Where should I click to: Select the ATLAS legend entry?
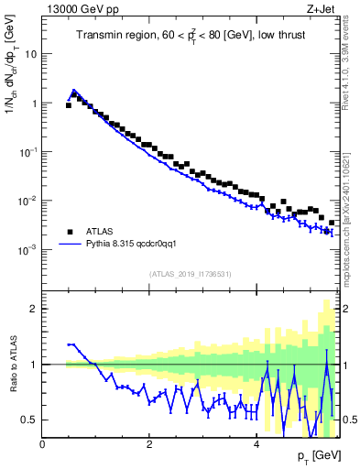coord(99,232)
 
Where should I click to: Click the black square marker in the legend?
coord(70,232)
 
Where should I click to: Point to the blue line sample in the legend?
coord(70,245)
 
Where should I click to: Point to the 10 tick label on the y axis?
coord(30,54)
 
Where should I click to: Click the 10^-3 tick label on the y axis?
coord(27,250)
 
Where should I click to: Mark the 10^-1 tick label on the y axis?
coord(27,152)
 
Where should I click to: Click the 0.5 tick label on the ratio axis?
coord(28,420)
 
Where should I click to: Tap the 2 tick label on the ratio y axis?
coord(34,309)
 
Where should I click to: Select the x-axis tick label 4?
coord(256,444)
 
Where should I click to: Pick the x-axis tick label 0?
coord(42,444)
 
